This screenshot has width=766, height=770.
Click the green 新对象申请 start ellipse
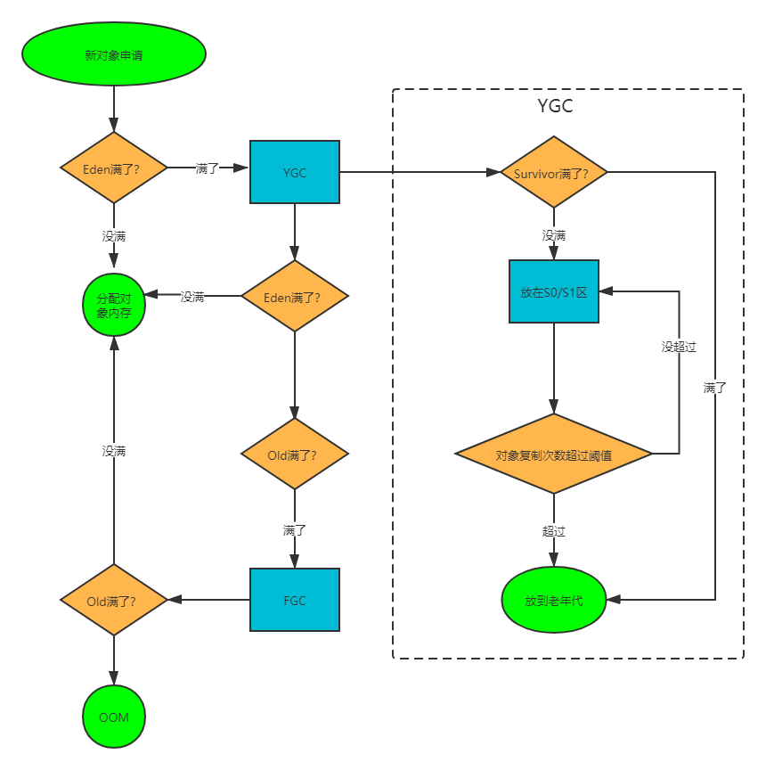[114, 54]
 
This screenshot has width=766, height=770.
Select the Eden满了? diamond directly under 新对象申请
[114, 168]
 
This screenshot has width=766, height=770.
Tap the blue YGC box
[295, 172]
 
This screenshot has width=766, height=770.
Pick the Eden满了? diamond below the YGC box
[295, 296]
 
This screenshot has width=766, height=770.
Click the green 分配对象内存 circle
[114, 305]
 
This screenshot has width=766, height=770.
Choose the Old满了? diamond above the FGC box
[295, 454]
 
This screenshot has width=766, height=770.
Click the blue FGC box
[295, 600]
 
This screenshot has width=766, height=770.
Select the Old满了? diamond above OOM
[114, 600]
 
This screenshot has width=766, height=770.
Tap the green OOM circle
[114, 717]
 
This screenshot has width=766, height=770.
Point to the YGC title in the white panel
[555, 107]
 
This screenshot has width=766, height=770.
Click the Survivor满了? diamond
[554, 172]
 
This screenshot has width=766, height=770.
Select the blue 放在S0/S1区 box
[554, 291]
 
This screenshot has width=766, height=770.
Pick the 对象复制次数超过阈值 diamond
[554, 454]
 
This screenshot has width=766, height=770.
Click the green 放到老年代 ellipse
[554, 600]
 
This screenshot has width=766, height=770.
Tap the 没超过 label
[679, 347]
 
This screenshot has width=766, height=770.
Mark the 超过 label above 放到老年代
[554, 531]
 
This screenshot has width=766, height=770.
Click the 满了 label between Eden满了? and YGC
[208, 168]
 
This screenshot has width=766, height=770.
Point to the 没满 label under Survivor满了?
[554, 236]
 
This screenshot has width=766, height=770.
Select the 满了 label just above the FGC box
[295, 530]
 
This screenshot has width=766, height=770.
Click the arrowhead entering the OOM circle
[114, 679]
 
